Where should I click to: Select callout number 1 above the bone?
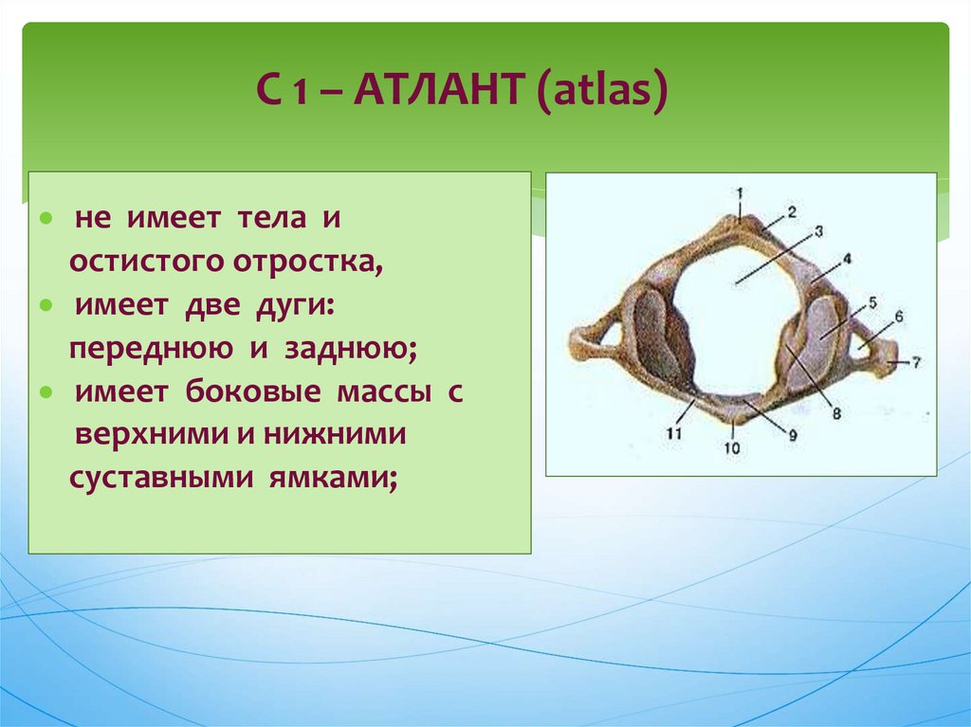(x=740, y=193)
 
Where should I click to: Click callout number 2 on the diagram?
(x=792, y=212)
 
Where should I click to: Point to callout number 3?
(x=818, y=231)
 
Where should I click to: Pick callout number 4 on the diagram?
(x=847, y=259)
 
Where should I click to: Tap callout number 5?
(x=872, y=302)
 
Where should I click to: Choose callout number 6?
(x=899, y=318)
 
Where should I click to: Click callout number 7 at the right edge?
(x=917, y=363)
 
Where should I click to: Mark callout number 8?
(x=836, y=413)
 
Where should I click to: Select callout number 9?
(x=793, y=435)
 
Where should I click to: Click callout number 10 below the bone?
(x=732, y=447)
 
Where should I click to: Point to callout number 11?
(x=674, y=433)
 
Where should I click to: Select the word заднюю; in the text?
(x=351, y=349)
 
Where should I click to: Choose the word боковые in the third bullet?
(x=252, y=392)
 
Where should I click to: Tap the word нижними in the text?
(x=335, y=436)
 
